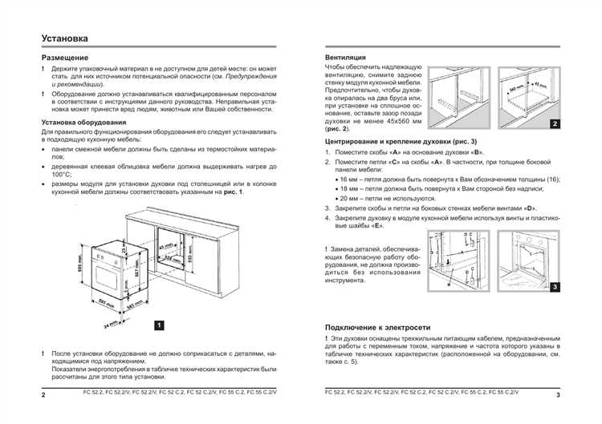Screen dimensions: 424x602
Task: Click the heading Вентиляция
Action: [x=346, y=58]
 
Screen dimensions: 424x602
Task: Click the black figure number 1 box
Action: [x=159, y=325]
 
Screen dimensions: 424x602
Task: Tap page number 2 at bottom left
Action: [x=44, y=396]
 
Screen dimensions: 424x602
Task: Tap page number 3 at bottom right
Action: [x=557, y=396]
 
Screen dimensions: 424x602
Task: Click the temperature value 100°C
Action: [x=62, y=174]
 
